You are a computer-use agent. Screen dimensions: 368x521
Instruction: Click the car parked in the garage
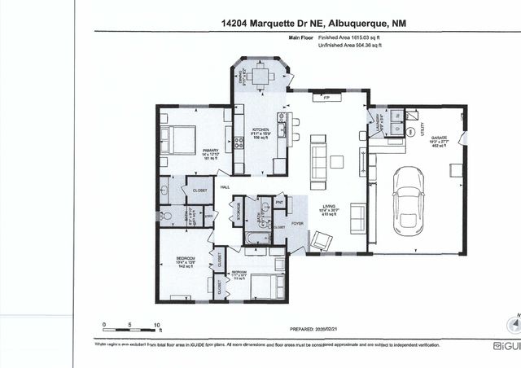coord(406,200)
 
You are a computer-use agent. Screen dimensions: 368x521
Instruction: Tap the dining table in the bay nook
coord(260,77)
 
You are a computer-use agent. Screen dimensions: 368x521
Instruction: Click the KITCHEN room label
coord(260,131)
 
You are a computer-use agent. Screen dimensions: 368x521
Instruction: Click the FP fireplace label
coord(326,98)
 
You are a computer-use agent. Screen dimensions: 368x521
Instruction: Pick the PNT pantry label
coord(279,201)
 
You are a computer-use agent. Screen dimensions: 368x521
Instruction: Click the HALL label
coord(224,186)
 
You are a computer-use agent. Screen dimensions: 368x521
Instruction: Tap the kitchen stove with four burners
coord(240,143)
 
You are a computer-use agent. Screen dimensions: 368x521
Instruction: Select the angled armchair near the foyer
coord(322,240)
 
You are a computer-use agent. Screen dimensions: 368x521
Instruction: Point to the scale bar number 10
coord(158,325)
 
